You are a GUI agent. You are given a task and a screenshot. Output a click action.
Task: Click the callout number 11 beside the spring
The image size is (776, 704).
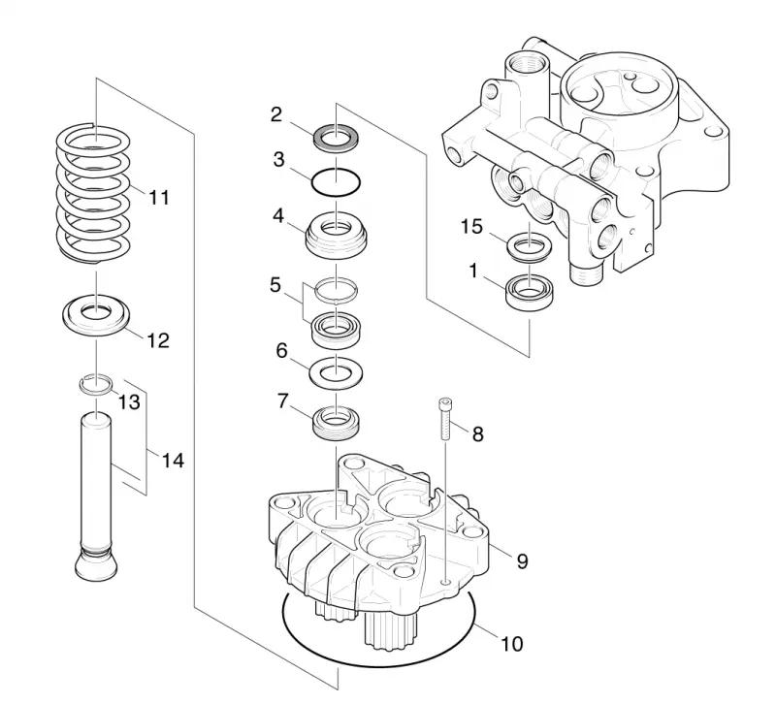159,198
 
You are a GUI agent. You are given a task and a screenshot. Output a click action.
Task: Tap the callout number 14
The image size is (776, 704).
173,461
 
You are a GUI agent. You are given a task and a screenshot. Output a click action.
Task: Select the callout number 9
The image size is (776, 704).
522,561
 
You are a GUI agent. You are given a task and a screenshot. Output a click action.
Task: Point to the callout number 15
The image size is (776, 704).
471,227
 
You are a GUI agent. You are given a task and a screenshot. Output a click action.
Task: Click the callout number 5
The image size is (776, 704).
275,285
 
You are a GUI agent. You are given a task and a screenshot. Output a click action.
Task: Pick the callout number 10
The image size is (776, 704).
512,644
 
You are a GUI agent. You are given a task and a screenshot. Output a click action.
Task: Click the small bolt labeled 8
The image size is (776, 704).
445,419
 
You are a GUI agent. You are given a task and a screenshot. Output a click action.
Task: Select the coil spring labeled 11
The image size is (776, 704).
92,193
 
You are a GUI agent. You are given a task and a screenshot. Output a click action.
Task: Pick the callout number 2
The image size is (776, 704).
276,114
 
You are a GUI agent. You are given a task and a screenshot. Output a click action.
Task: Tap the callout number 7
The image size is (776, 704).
282,401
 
